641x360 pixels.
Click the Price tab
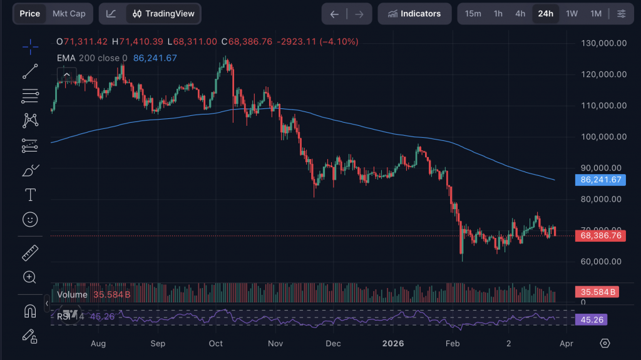pos(30,14)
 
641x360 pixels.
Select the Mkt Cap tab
pos(69,14)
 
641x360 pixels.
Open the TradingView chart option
pos(164,14)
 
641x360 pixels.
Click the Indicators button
pos(414,14)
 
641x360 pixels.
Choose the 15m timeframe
pos(473,14)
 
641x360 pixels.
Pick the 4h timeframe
pos(520,14)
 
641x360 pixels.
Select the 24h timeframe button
pos(546,14)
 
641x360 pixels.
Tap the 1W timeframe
pos(572,14)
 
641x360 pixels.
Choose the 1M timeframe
pos(595,14)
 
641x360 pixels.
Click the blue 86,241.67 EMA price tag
pos(601,180)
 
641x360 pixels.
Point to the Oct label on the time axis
pos(216,343)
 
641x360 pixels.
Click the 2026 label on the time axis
pos(394,343)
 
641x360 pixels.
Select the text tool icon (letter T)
pos(29,195)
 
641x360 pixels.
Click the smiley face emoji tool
pos(29,220)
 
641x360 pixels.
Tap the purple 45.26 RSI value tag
pos(591,319)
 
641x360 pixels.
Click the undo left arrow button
pos(335,14)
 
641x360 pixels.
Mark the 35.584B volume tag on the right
pos(597,292)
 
